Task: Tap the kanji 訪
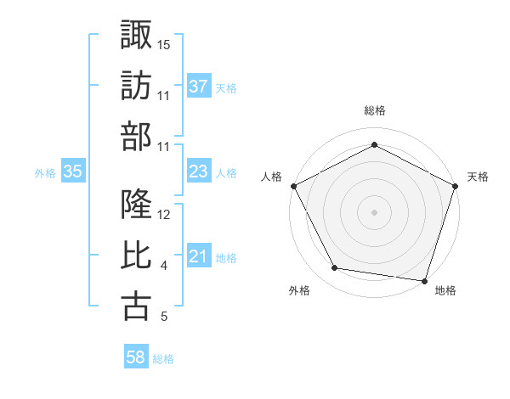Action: (x=137, y=86)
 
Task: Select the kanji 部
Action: (x=137, y=137)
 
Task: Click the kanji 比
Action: (x=137, y=256)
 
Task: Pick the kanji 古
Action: (x=137, y=307)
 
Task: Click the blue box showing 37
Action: (x=199, y=86)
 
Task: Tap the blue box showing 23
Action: (x=199, y=171)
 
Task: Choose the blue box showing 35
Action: (x=73, y=171)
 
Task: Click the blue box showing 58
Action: (x=136, y=357)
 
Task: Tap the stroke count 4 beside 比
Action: (x=163, y=267)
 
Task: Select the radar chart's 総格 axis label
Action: (x=374, y=111)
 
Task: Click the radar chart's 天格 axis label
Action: (x=478, y=177)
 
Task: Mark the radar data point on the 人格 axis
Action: (x=293, y=186)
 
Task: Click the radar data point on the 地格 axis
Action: (x=424, y=280)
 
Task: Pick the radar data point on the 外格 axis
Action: (x=335, y=268)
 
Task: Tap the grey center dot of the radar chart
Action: (x=374, y=211)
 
